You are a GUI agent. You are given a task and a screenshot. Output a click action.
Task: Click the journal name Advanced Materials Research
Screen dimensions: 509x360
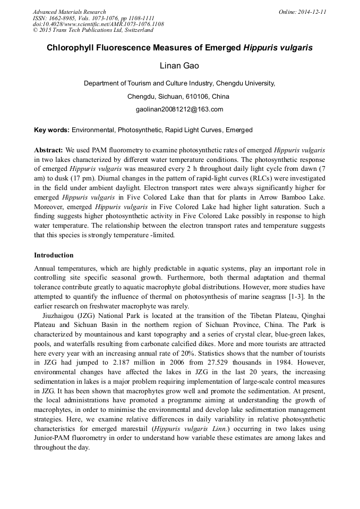(69, 12)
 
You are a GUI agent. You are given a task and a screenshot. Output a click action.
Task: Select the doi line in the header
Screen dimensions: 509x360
(98, 24)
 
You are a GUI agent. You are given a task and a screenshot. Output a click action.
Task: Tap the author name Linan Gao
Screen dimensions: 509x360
(179, 66)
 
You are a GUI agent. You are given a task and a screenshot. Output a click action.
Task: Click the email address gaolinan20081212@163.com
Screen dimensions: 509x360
(179, 109)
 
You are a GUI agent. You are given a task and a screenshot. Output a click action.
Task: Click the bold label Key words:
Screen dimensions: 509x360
(52, 130)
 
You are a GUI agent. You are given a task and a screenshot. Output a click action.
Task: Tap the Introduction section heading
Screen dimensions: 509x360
(54, 255)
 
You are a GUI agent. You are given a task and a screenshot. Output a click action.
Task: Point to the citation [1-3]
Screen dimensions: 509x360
(302, 296)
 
